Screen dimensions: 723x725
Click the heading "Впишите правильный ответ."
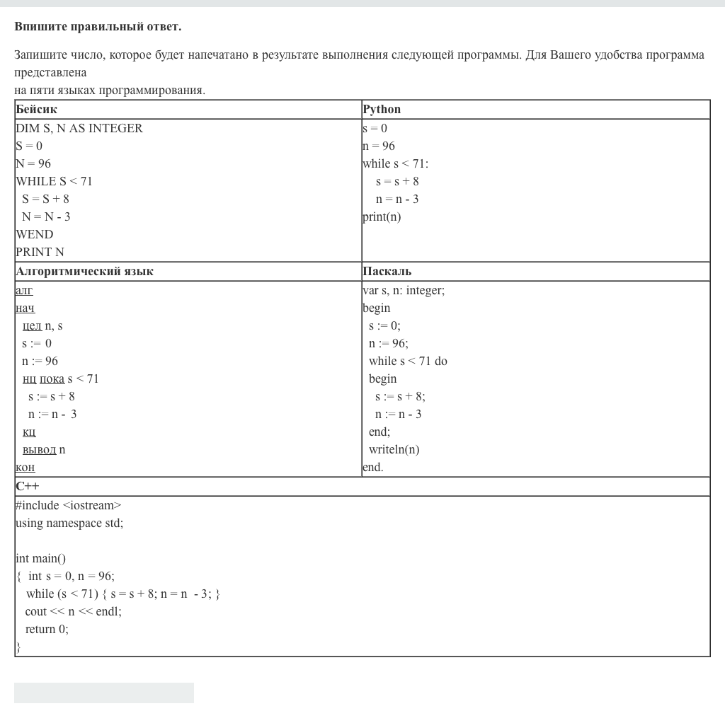click(x=98, y=27)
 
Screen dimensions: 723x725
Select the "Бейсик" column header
click(x=36, y=110)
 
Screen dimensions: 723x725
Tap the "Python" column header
click(x=382, y=110)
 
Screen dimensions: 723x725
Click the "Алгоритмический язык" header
click(x=84, y=272)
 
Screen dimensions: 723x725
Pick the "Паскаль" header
click(x=387, y=272)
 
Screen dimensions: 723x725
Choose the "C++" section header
click(x=28, y=487)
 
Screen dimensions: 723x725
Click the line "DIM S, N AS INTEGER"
click(x=79, y=128)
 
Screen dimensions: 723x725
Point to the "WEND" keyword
click(x=34, y=234)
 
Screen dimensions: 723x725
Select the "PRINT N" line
click(x=40, y=252)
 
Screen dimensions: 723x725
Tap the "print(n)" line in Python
click(x=382, y=217)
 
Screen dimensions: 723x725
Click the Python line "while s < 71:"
click(x=395, y=164)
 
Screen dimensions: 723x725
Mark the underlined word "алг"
click(x=24, y=291)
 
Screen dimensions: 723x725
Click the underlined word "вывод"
click(x=39, y=450)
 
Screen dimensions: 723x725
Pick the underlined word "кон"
click(x=25, y=468)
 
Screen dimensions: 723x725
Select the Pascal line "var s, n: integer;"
click(x=404, y=290)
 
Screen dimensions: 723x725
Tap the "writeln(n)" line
click(x=394, y=450)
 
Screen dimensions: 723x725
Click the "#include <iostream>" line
click(x=69, y=506)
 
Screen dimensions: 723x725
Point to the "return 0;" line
click(x=47, y=630)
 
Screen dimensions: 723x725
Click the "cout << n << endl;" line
click(x=73, y=612)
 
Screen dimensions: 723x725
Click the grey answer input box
click(x=103, y=693)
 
